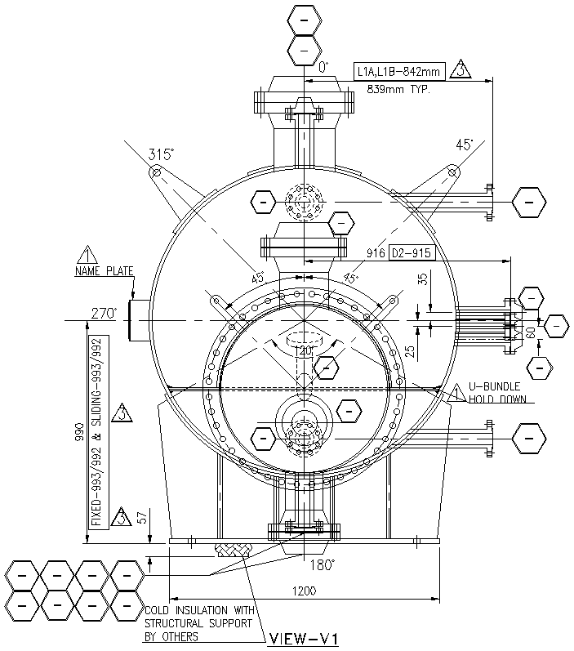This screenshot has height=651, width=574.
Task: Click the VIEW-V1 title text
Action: pos(302,638)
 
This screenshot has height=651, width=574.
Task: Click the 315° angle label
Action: pos(162,153)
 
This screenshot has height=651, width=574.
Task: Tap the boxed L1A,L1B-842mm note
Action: pos(398,72)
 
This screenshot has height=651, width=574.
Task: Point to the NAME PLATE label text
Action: pos(104,271)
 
